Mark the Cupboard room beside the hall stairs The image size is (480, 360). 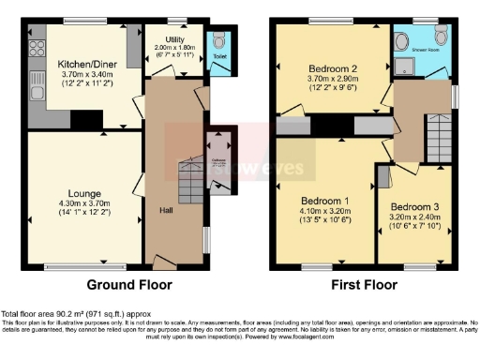218,151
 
